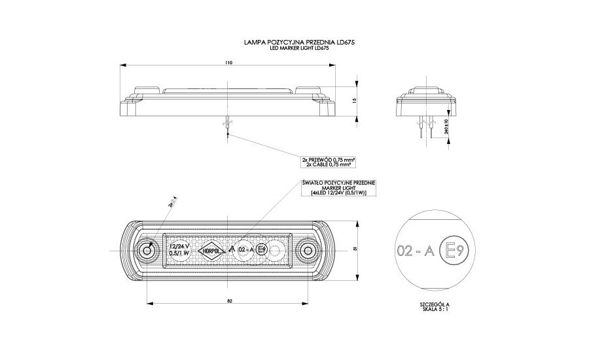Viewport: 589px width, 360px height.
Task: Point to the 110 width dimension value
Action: [x=228, y=63]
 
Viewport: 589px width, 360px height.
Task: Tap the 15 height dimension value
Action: [x=354, y=101]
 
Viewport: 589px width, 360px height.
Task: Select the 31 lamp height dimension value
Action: [x=354, y=250]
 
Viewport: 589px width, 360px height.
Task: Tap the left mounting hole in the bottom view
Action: [x=148, y=250]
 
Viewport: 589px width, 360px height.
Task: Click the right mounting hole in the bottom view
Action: [x=308, y=250]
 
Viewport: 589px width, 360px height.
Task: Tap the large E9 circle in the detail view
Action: [x=455, y=250]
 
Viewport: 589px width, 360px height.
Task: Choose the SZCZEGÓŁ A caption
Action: [x=435, y=305]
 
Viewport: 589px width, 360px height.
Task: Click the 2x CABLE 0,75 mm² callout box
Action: [x=329, y=161]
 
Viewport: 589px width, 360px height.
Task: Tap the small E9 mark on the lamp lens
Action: [x=261, y=249]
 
